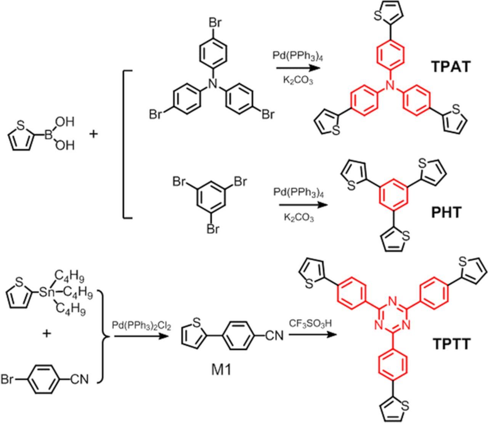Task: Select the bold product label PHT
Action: pos(446,212)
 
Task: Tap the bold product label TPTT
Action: pos(452,344)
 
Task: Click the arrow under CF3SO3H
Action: pos(312,336)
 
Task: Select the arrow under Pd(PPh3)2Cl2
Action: pos(141,336)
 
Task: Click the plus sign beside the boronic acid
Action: pos(93,134)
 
